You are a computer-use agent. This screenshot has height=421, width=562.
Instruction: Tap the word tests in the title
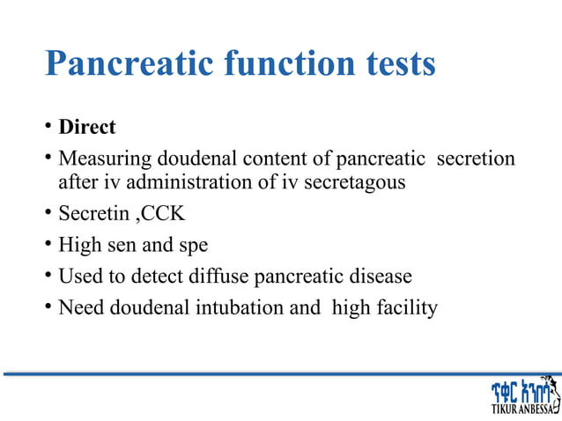[x=391, y=63]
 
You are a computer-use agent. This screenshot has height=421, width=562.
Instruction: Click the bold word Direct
[x=87, y=127]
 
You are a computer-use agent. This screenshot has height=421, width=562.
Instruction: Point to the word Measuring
[x=105, y=159]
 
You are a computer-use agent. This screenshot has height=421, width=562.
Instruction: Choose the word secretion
[x=477, y=159]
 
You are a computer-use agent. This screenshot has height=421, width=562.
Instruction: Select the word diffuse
[x=218, y=277]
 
